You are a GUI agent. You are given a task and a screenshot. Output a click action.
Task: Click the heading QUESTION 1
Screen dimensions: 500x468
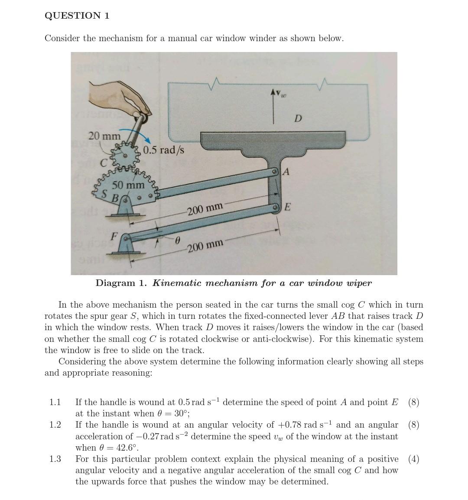point(77,16)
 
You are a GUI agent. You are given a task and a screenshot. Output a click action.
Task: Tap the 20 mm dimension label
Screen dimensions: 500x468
point(104,136)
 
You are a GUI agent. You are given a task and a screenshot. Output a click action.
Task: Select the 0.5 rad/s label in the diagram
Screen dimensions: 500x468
point(163,150)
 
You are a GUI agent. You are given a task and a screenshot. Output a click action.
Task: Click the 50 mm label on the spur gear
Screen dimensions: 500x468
point(128,185)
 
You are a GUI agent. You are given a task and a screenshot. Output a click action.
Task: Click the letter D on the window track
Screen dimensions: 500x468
point(298,118)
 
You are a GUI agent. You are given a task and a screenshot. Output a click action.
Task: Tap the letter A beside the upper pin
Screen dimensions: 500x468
point(286,172)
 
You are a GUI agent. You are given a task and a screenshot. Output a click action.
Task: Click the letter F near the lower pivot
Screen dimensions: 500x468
point(114,236)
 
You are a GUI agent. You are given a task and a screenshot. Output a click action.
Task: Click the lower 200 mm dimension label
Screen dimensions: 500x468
point(205,246)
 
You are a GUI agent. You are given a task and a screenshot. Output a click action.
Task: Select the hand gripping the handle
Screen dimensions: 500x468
point(118,96)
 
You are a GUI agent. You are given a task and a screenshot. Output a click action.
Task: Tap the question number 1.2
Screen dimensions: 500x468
point(55,425)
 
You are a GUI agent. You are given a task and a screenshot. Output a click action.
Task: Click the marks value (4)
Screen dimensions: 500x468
point(413,459)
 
